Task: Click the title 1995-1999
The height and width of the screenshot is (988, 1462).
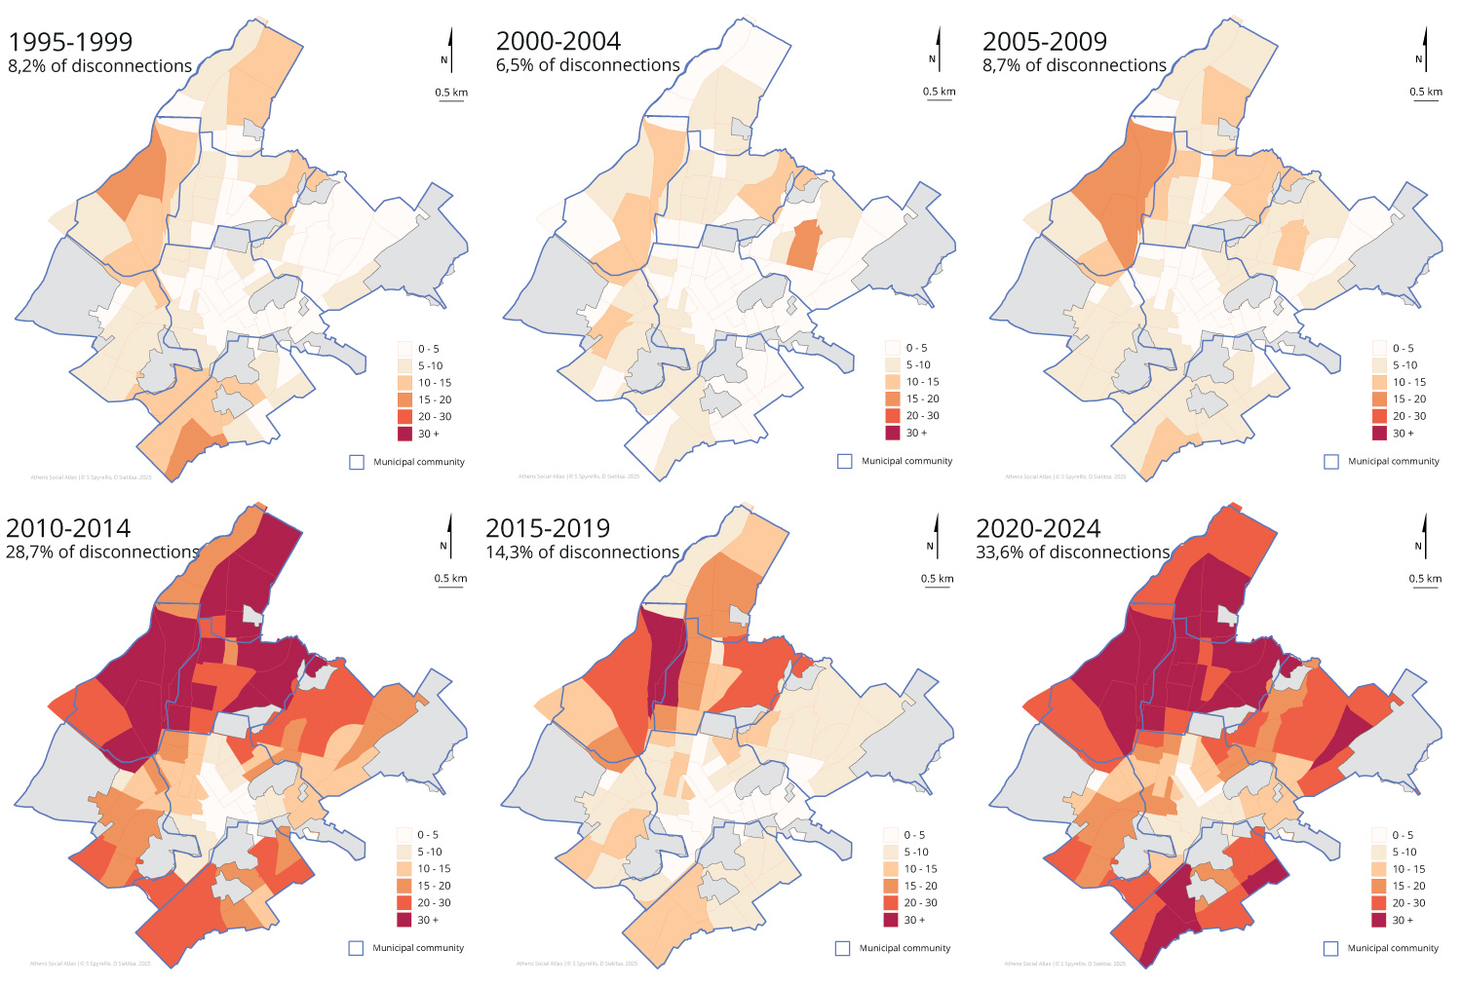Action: click(x=70, y=42)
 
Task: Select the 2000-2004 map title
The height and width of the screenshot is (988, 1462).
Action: click(x=558, y=41)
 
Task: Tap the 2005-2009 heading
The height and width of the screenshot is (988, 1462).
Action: click(x=1044, y=42)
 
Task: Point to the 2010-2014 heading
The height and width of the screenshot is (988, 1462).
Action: click(x=68, y=528)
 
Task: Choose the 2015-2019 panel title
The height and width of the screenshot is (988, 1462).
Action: click(x=547, y=528)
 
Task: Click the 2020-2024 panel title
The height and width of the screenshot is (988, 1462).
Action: click(x=1038, y=528)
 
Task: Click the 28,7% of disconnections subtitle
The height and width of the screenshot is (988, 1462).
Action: click(x=102, y=552)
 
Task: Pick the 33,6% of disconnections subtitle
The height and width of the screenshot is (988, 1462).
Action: click(x=1072, y=552)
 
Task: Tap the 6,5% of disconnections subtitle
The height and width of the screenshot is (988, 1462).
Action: click(x=588, y=65)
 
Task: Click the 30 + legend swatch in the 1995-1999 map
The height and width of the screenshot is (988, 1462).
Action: click(x=405, y=434)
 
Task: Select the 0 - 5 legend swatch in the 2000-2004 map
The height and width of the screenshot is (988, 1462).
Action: click(x=893, y=348)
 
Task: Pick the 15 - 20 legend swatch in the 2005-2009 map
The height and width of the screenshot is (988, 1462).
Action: click(x=1379, y=399)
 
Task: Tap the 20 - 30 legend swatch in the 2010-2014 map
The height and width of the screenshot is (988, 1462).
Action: click(x=404, y=902)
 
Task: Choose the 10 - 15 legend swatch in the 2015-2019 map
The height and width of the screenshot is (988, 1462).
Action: click(x=891, y=868)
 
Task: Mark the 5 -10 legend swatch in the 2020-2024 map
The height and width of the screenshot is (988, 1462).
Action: click(x=1378, y=852)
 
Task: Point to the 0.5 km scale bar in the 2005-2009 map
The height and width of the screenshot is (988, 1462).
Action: click(x=1426, y=100)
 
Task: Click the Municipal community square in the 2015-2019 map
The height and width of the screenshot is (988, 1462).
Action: click(x=843, y=948)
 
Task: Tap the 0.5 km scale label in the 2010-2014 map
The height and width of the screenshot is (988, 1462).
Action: click(x=450, y=578)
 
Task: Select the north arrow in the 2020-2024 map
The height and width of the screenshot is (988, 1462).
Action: click(x=1425, y=537)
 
